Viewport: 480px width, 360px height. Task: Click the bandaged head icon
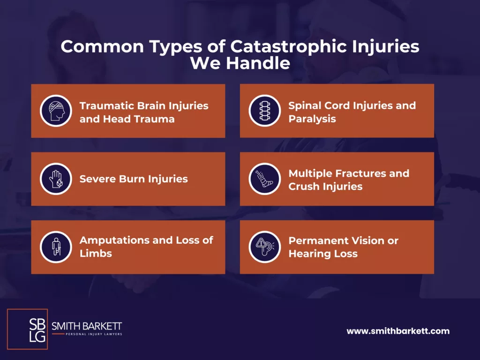click(56, 111)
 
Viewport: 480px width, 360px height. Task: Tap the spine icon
click(265, 111)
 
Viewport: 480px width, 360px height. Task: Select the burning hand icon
click(56, 179)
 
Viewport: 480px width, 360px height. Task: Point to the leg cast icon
click(265, 179)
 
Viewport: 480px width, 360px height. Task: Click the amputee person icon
click(56, 247)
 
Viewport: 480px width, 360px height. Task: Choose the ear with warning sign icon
click(265, 247)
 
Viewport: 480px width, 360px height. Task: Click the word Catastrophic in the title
click(289, 46)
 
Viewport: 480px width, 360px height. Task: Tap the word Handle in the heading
click(258, 63)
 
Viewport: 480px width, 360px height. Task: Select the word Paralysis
click(312, 119)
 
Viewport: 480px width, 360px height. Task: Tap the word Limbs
click(96, 254)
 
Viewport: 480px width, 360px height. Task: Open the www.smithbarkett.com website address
click(398, 331)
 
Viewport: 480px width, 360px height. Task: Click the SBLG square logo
click(27, 329)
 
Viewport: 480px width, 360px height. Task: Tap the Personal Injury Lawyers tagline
click(94, 334)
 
